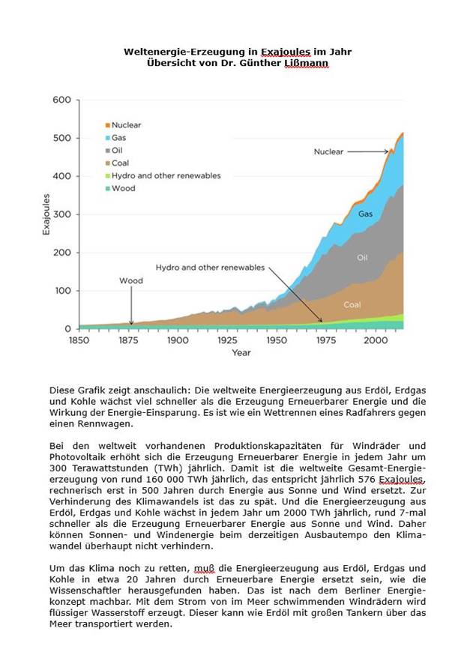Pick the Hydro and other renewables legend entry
[166, 175]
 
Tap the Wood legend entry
[123, 188]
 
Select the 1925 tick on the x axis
[227, 340]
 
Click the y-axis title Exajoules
[46, 214]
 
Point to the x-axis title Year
[241, 352]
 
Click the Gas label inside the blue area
[365, 214]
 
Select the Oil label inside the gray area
[362, 257]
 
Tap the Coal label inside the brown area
[352, 305]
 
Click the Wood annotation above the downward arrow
[131, 281]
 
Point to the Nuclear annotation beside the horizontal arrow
[328, 151]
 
